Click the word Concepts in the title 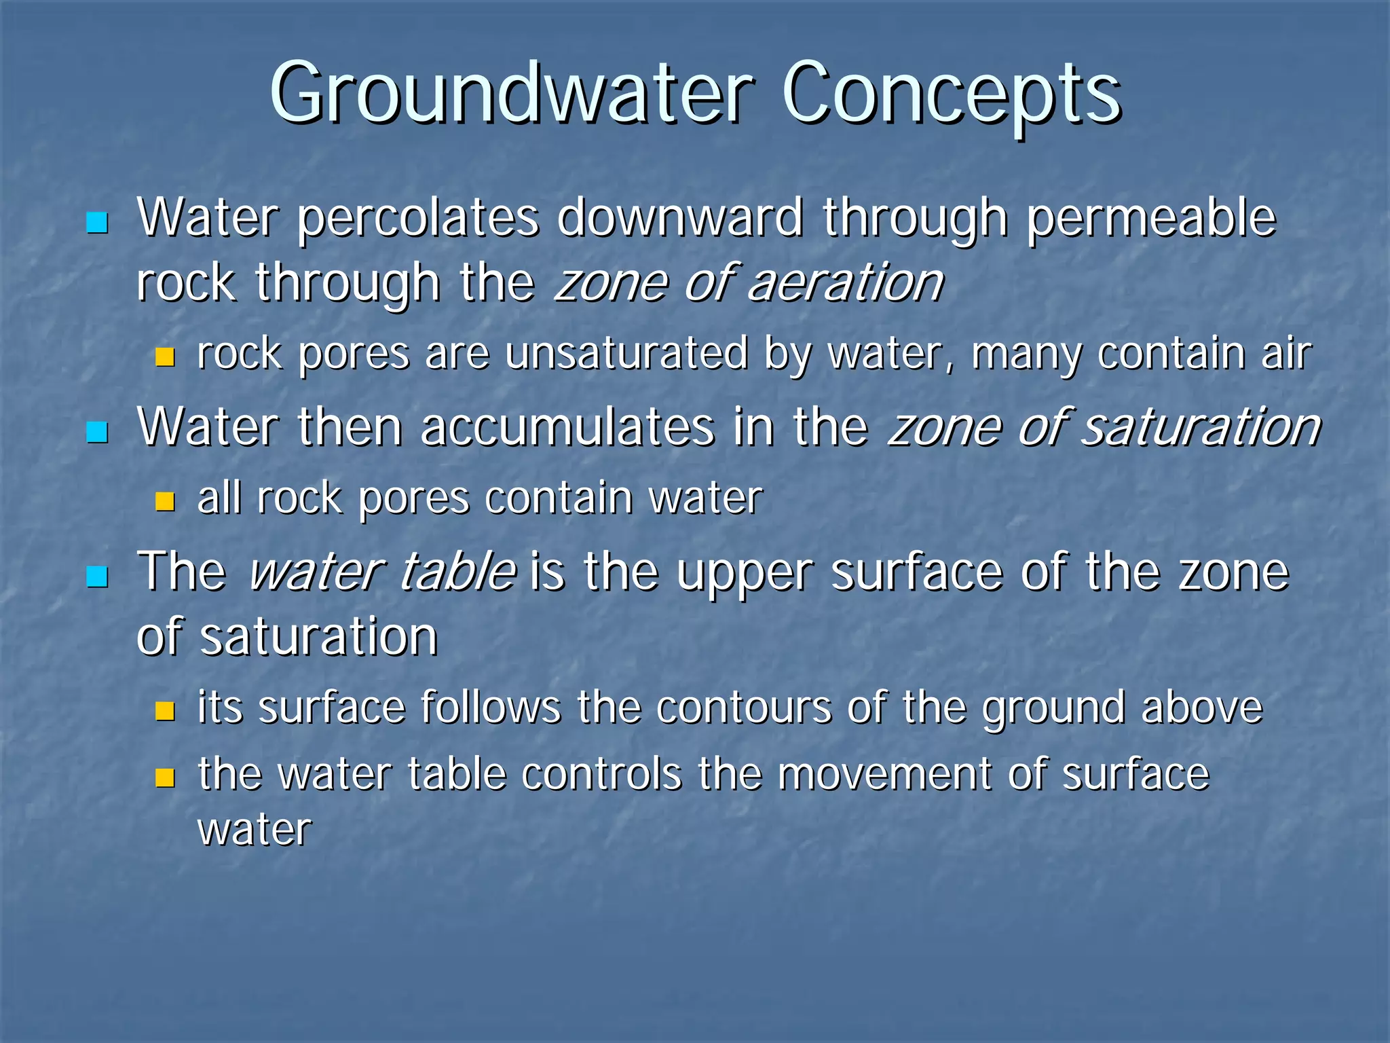951,94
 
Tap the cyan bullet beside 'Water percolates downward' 98,222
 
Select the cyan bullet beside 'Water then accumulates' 98,432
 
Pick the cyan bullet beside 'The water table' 98,577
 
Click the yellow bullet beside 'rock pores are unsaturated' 165,357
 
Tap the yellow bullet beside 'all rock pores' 165,502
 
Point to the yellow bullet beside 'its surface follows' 165,711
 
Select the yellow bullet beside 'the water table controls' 165,777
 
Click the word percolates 418,219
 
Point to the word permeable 1151,219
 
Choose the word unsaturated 626,354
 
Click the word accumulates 567,428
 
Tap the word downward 680,219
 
